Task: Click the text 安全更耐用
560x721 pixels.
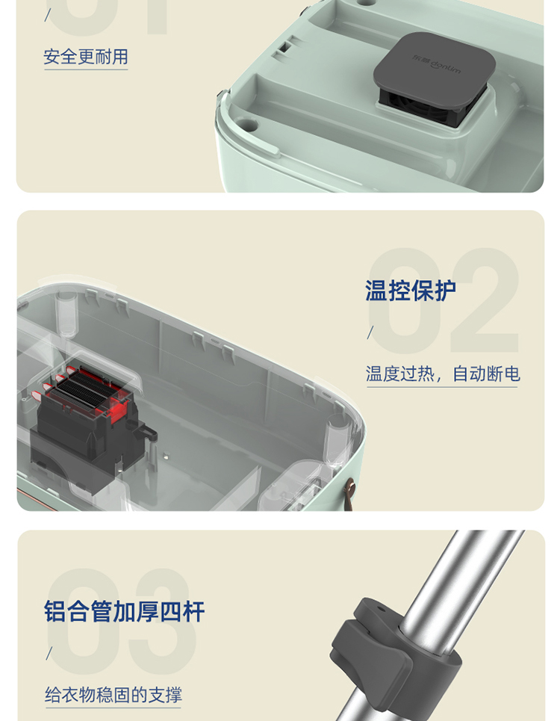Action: point(86,57)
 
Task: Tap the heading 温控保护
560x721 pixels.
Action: point(411,291)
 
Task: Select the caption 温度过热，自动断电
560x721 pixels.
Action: point(443,374)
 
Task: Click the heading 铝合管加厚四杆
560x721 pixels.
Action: point(125,611)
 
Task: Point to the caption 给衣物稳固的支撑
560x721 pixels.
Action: point(113,694)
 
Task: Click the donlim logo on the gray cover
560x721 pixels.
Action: point(436,64)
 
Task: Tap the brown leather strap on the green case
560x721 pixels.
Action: point(350,495)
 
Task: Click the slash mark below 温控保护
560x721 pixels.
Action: point(370,332)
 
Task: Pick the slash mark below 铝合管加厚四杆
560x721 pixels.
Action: point(49,653)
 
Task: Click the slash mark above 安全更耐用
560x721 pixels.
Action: point(47,15)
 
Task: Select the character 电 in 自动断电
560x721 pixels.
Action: point(512,374)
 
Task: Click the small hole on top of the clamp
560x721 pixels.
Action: point(380,609)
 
